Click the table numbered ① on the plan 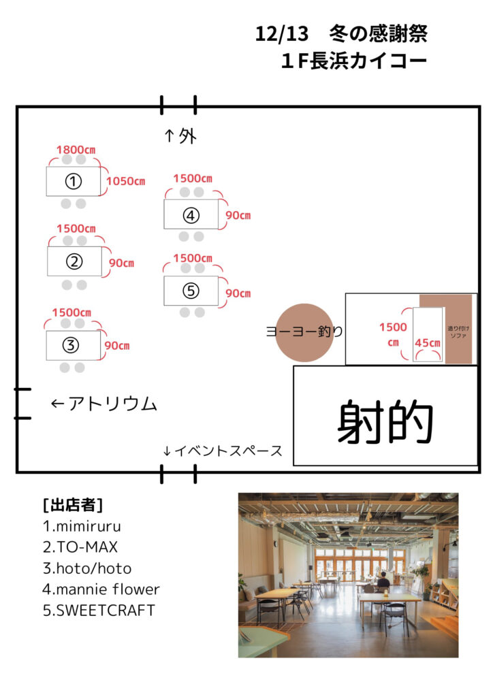click(74, 181)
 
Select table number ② click(74, 261)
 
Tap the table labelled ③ click(73, 345)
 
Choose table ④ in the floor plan click(191, 214)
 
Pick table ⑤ click(191, 291)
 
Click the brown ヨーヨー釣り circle click(305, 332)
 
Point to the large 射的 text click(385, 423)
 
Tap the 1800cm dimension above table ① click(75, 150)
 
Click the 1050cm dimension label click(125, 181)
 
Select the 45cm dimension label click(428, 342)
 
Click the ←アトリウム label click(104, 404)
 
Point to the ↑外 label click(180, 136)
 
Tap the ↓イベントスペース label click(223, 451)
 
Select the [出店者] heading click(73, 505)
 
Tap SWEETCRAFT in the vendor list click(99, 610)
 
